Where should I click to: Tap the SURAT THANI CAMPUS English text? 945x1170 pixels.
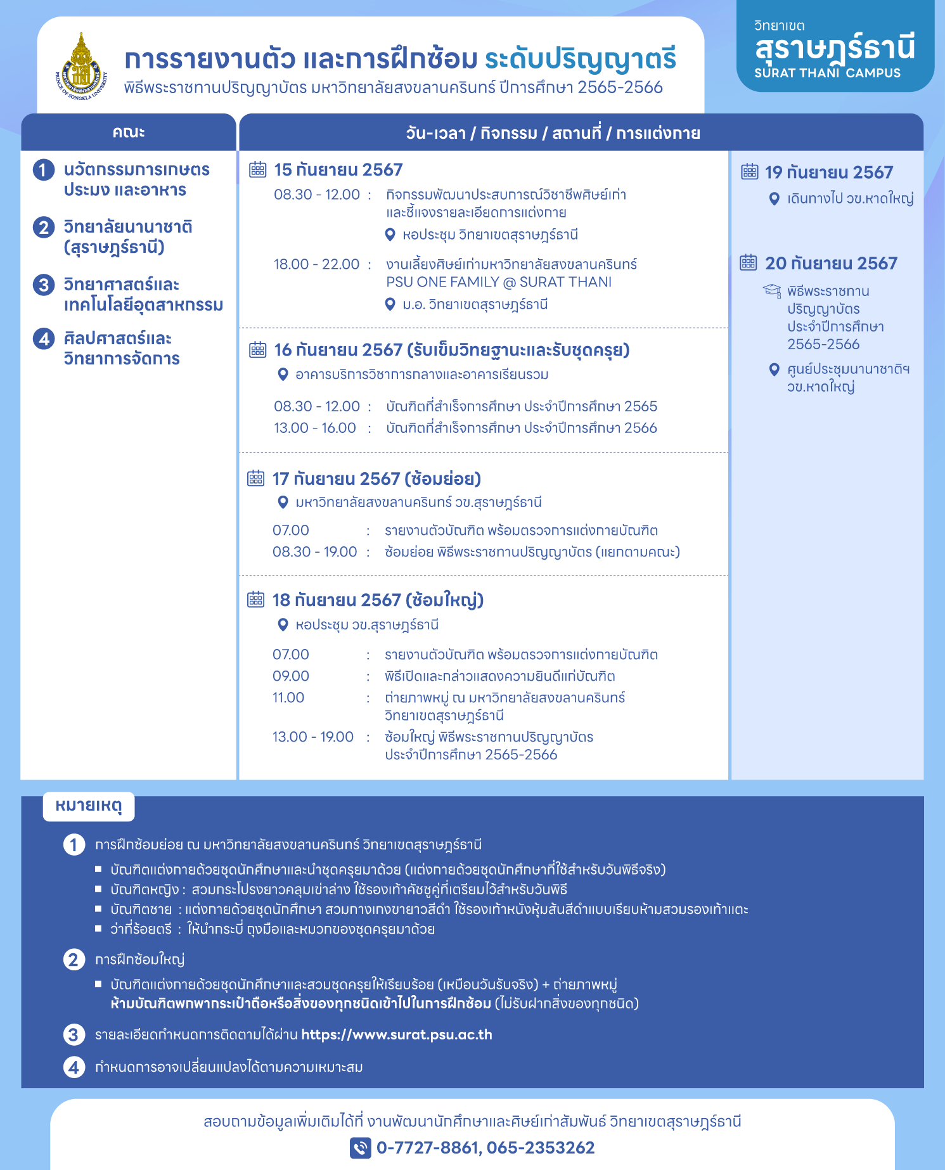click(827, 73)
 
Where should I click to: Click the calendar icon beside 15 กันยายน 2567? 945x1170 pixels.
click(257, 169)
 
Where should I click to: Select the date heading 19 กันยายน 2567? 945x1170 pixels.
click(829, 172)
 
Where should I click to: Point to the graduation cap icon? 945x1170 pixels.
click(771, 291)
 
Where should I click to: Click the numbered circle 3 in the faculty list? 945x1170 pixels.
click(43, 285)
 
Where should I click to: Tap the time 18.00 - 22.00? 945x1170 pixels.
click(316, 264)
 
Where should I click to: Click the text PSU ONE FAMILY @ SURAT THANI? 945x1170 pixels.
click(499, 282)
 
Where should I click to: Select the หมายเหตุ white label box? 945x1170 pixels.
click(89, 806)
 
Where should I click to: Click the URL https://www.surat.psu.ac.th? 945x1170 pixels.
click(396, 1034)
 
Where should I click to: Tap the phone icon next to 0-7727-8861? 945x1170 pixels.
click(360, 1147)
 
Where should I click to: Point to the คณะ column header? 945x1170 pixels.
click(129, 132)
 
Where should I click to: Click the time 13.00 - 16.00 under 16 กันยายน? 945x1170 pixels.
click(315, 428)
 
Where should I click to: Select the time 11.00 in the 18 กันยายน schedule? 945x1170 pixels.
click(288, 698)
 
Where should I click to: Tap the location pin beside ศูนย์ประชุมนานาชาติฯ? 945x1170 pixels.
click(774, 370)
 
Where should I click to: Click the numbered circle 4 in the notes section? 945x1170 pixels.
click(74, 1067)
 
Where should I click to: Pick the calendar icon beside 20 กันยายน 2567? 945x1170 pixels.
click(749, 262)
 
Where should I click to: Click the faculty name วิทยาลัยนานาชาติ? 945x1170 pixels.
click(128, 227)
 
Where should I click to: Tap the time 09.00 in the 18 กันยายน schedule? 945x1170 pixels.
click(291, 676)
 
